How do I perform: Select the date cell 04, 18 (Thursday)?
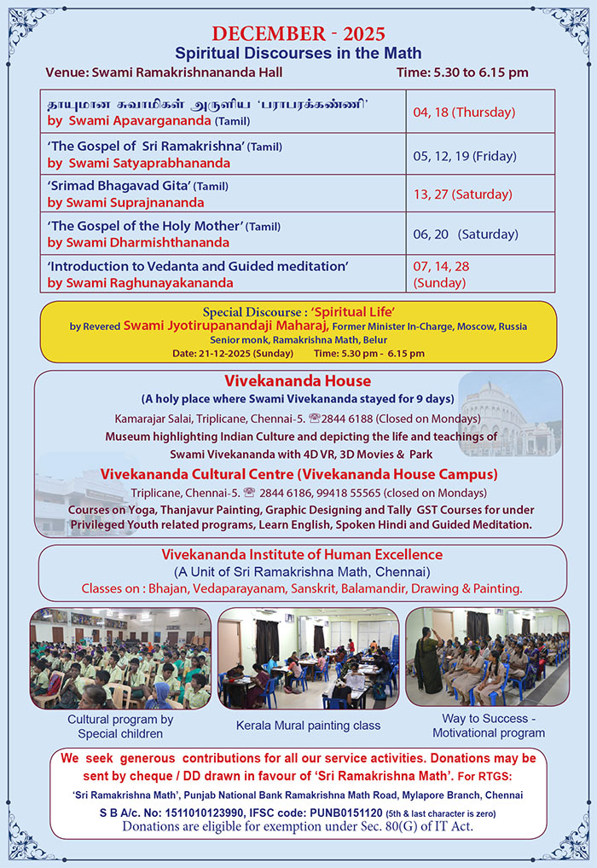click(x=463, y=112)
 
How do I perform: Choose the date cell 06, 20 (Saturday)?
click(x=466, y=234)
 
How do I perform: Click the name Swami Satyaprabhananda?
click(x=148, y=162)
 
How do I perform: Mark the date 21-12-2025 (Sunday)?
click(x=232, y=353)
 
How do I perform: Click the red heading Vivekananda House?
click(x=297, y=380)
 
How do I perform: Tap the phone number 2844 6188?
click(x=348, y=418)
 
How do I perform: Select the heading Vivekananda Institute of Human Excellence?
click(x=302, y=554)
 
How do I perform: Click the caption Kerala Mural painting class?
click(x=308, y=726)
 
